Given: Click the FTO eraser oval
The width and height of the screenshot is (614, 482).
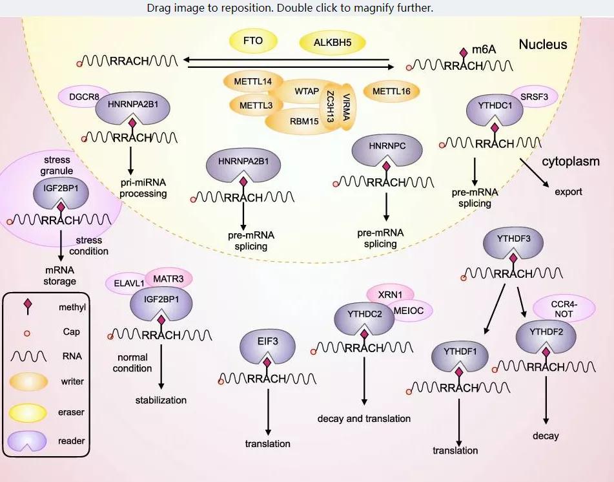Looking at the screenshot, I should click(253, 41).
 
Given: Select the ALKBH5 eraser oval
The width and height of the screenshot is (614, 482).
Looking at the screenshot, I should click(333, 43).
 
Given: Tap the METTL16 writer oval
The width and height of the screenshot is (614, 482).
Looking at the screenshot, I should click(391, 92).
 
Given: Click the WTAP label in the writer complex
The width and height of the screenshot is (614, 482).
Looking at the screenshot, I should click(307, 91).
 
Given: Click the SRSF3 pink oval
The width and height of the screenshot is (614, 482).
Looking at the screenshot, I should click(534, 96).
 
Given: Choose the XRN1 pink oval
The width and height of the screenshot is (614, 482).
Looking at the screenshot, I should click(390, 294).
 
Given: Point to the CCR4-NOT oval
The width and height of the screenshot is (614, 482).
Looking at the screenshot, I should click(564, 308).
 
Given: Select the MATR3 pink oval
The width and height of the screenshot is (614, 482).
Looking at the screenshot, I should click(169, 278).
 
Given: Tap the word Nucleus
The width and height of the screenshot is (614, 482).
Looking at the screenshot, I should click(542, 45).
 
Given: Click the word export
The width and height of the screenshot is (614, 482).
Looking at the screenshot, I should click(568, 192).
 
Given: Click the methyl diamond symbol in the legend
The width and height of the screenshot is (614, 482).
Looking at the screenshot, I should click(28, 306).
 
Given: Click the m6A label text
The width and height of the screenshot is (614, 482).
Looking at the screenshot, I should click(484, 50).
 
